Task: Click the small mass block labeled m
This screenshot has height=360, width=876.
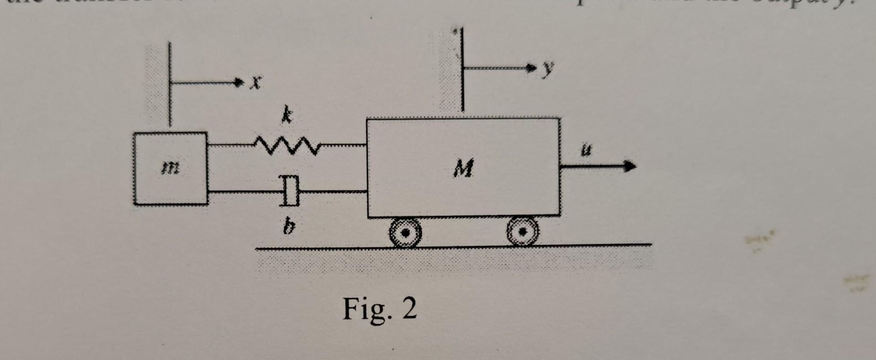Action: (x=170, y=169)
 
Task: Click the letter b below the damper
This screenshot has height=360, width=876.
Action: (x=287, y=226)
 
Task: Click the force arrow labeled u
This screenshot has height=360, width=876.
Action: (x=598, y=167)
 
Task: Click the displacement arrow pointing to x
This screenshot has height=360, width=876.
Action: (x=205, y=83)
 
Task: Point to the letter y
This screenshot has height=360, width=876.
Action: (x=547, y=68)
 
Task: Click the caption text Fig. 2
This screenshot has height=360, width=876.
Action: (x=380, y=309)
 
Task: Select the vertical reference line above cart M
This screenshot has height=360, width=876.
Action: (x=462, y=68)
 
